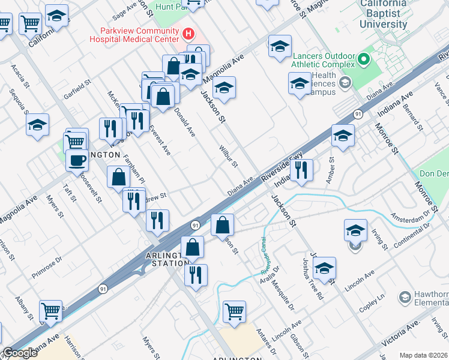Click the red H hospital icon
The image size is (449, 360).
pos(188,34)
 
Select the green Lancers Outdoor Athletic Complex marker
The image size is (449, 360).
pos(363,59)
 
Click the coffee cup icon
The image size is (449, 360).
pos(76,161)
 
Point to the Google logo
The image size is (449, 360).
pos(20,353)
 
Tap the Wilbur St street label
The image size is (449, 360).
pos(229,155)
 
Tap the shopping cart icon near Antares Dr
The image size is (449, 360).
pos(234,311)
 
